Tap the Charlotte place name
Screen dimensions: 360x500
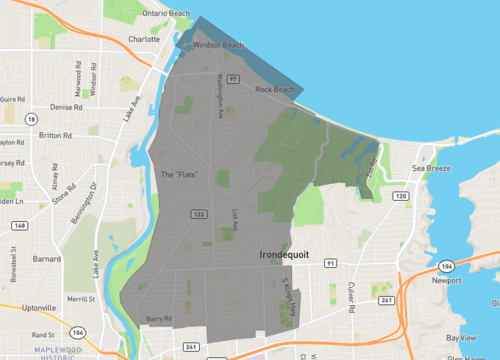click(x=143, y=39)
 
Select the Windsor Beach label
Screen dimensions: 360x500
click(x=218, y=45)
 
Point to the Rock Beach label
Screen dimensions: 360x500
click(x=275, y=90)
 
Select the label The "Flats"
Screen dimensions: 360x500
click(x=180, y=175)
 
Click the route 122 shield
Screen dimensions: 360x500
click(x=199, y=214)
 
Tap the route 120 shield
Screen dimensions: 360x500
click(x=400, y=197)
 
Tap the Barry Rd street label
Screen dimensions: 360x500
click(x=159, y=319)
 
